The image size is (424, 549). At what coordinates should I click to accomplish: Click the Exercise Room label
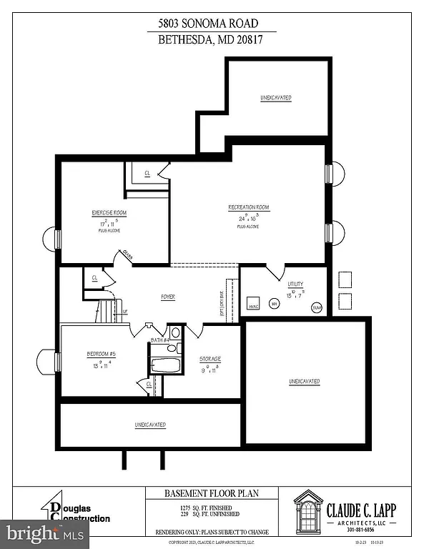[x=109, y=213]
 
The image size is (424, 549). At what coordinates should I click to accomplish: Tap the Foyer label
[x=168, y=297]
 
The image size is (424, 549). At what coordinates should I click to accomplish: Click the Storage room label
[x=210, y=359]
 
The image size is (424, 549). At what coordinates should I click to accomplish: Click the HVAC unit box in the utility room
[x=253, y=303]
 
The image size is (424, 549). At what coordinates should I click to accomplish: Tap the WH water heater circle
[x=274, y=304]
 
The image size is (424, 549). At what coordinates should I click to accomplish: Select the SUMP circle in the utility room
[x=317, y=307]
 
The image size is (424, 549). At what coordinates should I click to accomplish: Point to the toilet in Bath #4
[x=175, y=332]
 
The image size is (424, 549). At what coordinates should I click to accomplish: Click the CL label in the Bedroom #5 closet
[x=149, y=384]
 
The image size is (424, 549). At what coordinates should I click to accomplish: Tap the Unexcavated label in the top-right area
[x=275, y=97]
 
